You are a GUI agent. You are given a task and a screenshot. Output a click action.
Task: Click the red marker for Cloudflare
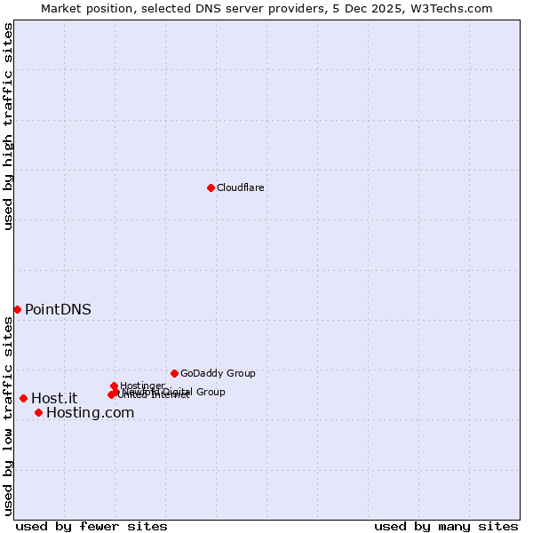211,187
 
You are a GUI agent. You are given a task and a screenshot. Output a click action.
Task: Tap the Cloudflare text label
241,187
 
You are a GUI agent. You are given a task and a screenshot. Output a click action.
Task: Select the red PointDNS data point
17,309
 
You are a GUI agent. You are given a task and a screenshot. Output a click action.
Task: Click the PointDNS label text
58,309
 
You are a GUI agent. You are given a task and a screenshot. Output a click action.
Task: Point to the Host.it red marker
23,398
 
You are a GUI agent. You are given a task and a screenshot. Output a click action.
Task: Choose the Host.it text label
54,398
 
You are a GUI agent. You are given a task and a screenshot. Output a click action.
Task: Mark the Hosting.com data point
38,412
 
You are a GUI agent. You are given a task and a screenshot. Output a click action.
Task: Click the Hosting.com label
90,412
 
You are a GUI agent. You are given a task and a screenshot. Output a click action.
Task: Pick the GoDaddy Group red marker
174,373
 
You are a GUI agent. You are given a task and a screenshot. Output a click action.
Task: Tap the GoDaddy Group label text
218,373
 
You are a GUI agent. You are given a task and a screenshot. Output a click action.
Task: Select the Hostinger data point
114,386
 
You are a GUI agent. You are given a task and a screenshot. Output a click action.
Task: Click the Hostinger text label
142,386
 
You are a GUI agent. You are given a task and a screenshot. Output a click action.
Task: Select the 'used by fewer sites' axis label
91,526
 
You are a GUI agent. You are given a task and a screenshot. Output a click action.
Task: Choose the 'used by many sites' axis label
446,526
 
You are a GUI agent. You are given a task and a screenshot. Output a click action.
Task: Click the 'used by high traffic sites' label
8,126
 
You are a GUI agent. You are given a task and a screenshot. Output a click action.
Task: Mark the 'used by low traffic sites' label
8,416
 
